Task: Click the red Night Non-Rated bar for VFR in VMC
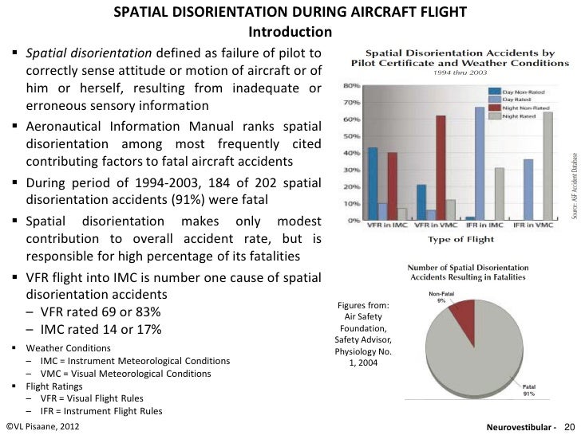point(441,167)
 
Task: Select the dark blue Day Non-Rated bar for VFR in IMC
point(373,182)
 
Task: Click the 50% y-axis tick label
point(349,136)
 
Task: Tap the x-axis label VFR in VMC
point(434,225)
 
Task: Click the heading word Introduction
point(290,33)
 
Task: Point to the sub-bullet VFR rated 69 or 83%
point(99,311)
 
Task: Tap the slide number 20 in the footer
point(569,426)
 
